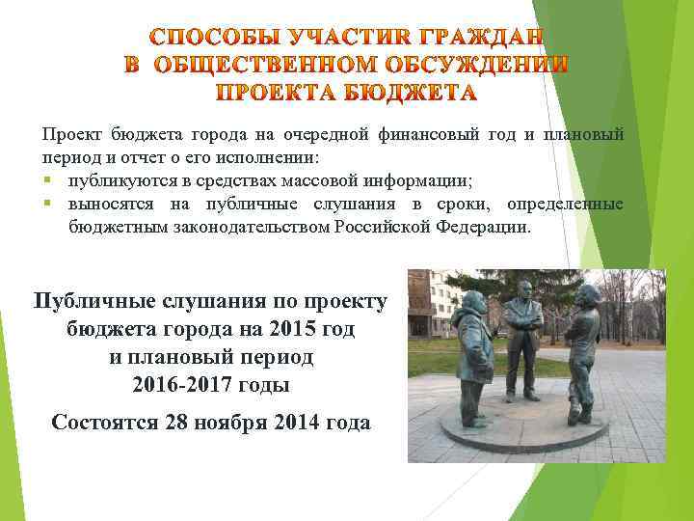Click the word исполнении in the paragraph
point(286,155)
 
